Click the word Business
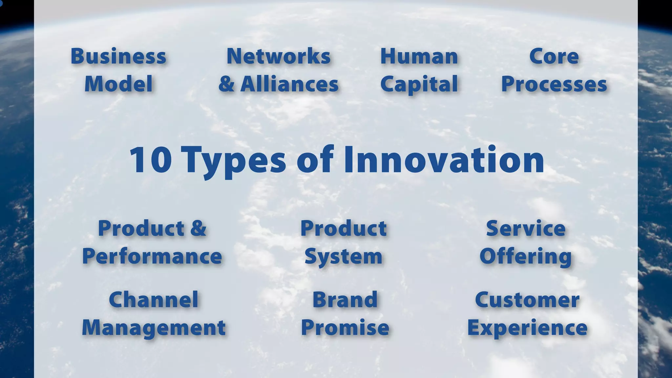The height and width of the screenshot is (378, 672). click(x=118, y=56)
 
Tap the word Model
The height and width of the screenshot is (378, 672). click(x=118, y=84)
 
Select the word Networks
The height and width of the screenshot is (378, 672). click(x=278, y=56)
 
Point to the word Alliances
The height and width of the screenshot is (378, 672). click(x=289, y=84)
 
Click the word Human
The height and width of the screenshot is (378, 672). click(x=419, y=56)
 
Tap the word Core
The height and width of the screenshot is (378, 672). click(x=554, y=56)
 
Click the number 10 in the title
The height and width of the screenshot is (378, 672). click(x=150, y=160)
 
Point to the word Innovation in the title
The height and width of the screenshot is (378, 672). click(x=444, y=160)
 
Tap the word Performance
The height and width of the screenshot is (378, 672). click(x=152, y=256)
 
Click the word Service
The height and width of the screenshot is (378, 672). click(x=526, y=228)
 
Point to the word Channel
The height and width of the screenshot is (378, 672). click(x=154, y=300)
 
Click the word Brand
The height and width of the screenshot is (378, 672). click(x=345, y=300)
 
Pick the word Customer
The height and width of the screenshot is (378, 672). click(x=527, y=300)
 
